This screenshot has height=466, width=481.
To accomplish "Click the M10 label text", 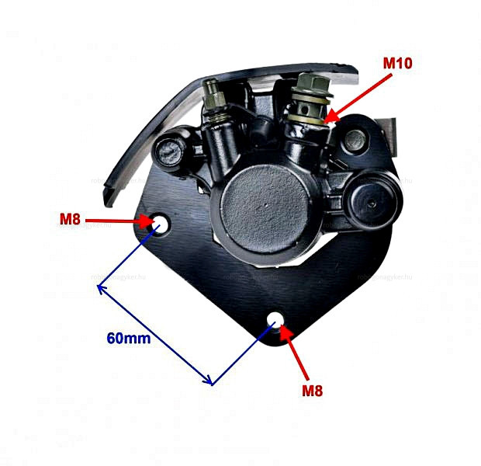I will pos(397,62).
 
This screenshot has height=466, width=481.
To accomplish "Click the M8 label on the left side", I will pos(70,219).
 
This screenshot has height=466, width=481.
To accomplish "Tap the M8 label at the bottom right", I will pos(312,391).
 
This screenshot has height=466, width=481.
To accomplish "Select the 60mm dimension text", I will pos(128,338).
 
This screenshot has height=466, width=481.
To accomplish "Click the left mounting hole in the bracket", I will pos(161,224).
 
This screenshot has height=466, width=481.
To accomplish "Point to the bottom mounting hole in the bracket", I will pos(275,320).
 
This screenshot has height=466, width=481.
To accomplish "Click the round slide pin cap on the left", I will pos(171,150).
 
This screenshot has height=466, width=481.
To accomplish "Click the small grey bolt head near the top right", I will pos(355,141).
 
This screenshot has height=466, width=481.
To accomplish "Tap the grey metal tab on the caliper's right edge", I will pos(393,137).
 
